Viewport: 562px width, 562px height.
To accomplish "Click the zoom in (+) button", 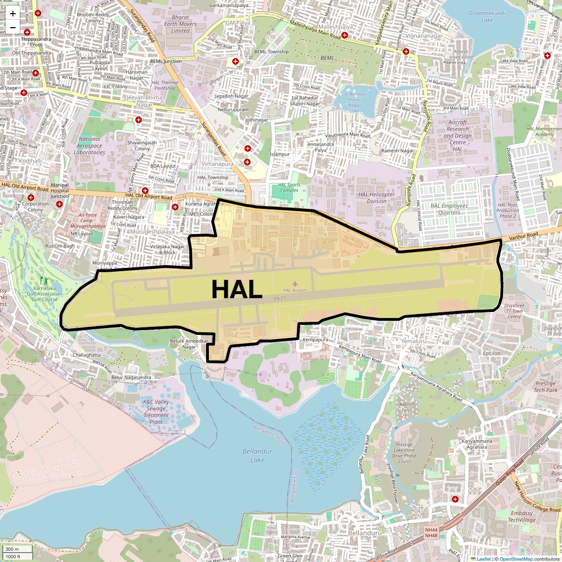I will pyautogui.click(x=13, y=14).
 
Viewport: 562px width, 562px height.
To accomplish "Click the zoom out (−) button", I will pyautogui.click(x=13, y=27).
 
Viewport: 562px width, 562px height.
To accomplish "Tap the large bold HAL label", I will pyautogui.click(x=237, y=289).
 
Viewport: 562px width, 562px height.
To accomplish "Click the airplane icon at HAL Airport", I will pyautogui.click(x=295, y=283).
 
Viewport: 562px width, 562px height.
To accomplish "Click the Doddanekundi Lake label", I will pyautogui.click(x=487, y=17).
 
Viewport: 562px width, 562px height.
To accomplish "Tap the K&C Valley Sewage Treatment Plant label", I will pyautogui.click(x=156, y=412).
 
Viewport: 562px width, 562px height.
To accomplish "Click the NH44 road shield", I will pyautogui.click(x=431, y=530).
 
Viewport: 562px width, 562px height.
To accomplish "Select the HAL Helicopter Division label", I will pyautogui.click(x=377, y=198).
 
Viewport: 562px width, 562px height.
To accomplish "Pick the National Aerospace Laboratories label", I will pyautogui.click(x=89, y=146).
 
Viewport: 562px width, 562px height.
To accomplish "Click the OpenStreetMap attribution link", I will pyautogui.click(x=516, y=559).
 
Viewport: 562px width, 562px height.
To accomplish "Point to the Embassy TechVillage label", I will pyautogui.click(x=522, y=517).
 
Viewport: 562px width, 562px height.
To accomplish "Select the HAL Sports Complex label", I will pyautogui.click(x=288, y=187).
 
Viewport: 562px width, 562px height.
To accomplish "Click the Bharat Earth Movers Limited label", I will pyautogui.click(x=180, y=24).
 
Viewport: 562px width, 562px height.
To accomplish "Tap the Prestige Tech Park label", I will pyautogui.click(x=546, y=386).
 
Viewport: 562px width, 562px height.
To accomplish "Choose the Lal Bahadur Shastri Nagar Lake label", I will pyautogui.click(x=355, y=102).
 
